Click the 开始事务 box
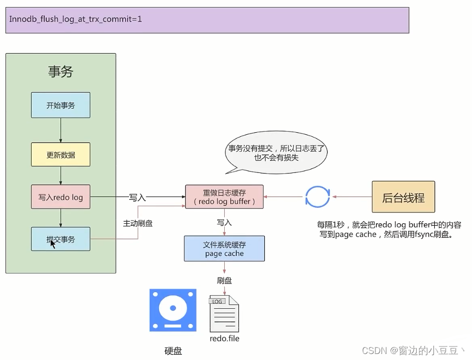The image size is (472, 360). coord(60,105)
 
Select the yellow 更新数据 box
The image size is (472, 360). coord(60,154)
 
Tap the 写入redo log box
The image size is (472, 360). coord(60,197)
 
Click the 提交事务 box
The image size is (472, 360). coord(60,239)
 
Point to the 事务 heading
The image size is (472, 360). coord(60,72)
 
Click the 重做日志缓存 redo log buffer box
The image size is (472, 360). coord(224,197)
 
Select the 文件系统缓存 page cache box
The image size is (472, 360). coord(224,249)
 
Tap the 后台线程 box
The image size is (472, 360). coord(403,198)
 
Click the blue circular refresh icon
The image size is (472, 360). coord(318,197)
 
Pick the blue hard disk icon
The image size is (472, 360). coord(172,310)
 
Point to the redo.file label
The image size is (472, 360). coord(224,338)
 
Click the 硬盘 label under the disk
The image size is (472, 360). coord(173,351)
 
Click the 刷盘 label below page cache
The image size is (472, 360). coord(224,281)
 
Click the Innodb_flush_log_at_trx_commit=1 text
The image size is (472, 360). coord(75,20)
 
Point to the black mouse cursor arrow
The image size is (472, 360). coord(52,244)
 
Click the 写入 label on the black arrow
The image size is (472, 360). coord(137,198)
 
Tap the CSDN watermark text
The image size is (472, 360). coord(415,350)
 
